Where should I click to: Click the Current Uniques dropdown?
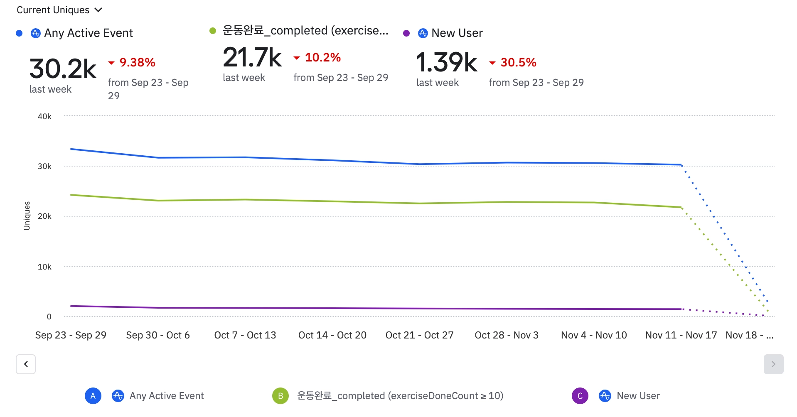coord(59,10)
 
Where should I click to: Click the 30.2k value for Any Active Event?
coord(63,69)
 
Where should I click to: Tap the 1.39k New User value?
coord(446,62)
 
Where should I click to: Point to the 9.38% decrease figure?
coord(137,62)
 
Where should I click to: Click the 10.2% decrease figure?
coord(322,57)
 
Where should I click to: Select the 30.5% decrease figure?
coord(518,62)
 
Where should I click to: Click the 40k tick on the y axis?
coord(44,117)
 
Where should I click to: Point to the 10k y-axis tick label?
coord(44,267)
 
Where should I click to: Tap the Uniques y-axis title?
coord(27,216)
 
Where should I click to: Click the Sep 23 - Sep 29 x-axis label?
coord(71,335)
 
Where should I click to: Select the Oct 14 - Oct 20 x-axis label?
coord(332,335)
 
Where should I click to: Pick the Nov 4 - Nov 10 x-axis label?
coord(594,335)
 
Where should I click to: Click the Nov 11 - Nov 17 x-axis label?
coord(681,335)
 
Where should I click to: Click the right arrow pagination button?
coord(773,364)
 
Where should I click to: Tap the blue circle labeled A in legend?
coord(93,396)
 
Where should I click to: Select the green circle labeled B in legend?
coord(280,396)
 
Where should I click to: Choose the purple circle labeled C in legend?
coord(580,396)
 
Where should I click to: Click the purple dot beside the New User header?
coord(406,33)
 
